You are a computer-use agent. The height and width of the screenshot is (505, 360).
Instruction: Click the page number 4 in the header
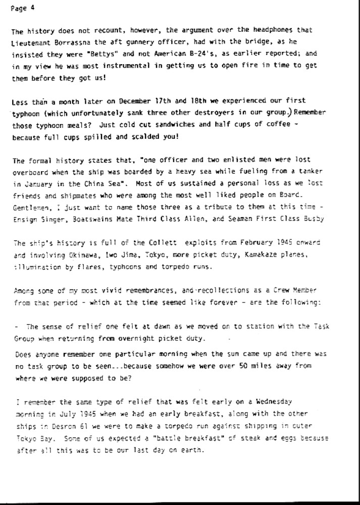click(x=32, y=7)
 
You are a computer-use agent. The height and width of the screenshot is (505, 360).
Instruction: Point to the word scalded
click(x=141, y=137)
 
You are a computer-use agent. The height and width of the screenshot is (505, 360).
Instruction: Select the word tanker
click(x=318, y=172)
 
